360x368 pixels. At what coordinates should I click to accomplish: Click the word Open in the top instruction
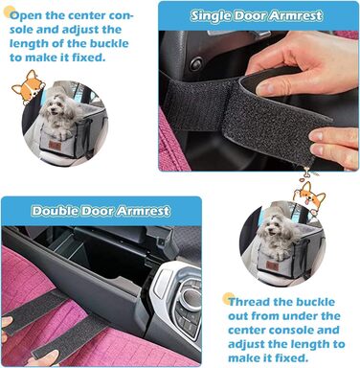(27, 15)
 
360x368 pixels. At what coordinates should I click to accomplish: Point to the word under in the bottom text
(297, 316)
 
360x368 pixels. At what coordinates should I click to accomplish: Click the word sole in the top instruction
(21, 30)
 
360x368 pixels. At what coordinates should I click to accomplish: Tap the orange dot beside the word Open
(8, 12)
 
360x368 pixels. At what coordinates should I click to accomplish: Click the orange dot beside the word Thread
(228, 298)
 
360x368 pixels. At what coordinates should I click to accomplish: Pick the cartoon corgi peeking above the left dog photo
(28, 87)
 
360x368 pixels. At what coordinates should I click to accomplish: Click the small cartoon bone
(306, 174)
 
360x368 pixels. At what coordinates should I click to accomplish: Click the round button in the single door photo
(195, 64)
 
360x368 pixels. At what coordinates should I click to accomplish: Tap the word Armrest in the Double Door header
(143, 211)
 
